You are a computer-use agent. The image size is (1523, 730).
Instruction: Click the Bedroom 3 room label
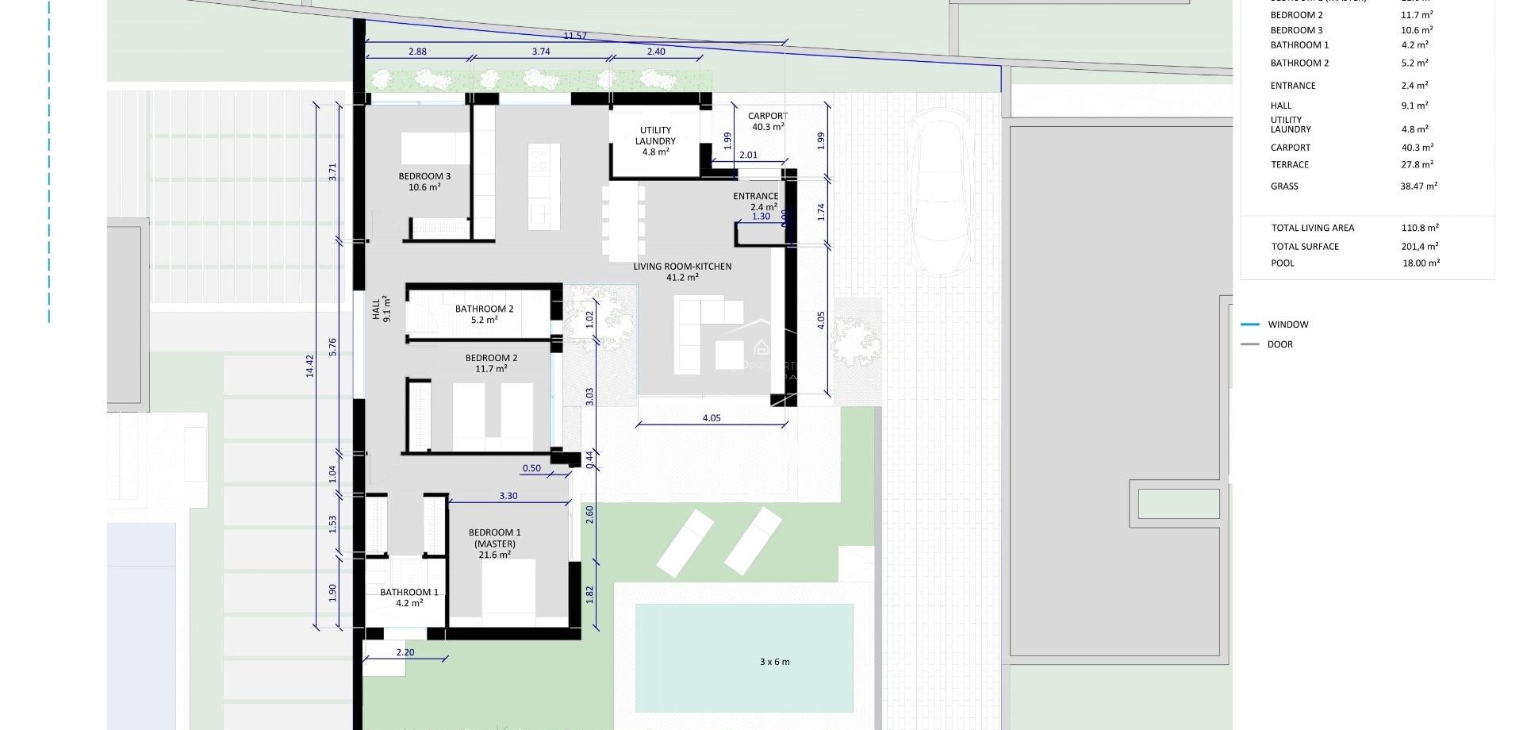(424, 182)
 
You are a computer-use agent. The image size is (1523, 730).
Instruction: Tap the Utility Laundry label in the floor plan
(655, 140)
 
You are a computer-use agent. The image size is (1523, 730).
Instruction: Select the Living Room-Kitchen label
(682, 271)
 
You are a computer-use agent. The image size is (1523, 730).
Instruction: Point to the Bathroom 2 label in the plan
(484, 314)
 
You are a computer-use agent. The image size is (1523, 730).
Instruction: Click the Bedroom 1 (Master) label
(494, 544)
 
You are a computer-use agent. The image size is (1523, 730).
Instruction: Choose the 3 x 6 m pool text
(774, 662)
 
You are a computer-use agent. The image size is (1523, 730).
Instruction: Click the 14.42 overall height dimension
(310, 365)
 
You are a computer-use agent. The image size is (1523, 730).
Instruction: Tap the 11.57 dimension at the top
(575, 36)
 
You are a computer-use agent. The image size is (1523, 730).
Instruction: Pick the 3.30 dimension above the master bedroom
(508, 496)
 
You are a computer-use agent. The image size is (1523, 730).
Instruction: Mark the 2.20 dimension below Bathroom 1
(405, 652)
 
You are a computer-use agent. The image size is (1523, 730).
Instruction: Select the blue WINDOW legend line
(1250, 325)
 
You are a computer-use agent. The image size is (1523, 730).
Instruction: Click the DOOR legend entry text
(1279, 344)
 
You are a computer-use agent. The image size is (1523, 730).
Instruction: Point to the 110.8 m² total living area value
(1420, 228)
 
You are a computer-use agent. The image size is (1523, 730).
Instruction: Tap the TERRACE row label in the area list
(1289, 165)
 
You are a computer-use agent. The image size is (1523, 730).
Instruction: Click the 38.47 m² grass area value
(1418, 186)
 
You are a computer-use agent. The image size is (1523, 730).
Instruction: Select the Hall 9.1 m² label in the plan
(382, 308)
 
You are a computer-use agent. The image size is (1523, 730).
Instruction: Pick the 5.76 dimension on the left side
(332, 347)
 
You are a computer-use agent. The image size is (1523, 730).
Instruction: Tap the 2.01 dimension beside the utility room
(748, 156)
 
